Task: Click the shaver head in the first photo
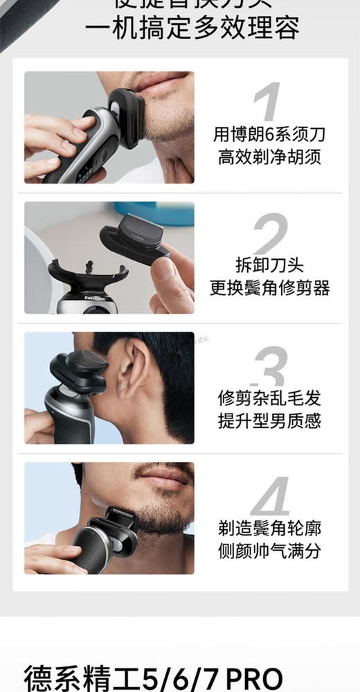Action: pos(125,114)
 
